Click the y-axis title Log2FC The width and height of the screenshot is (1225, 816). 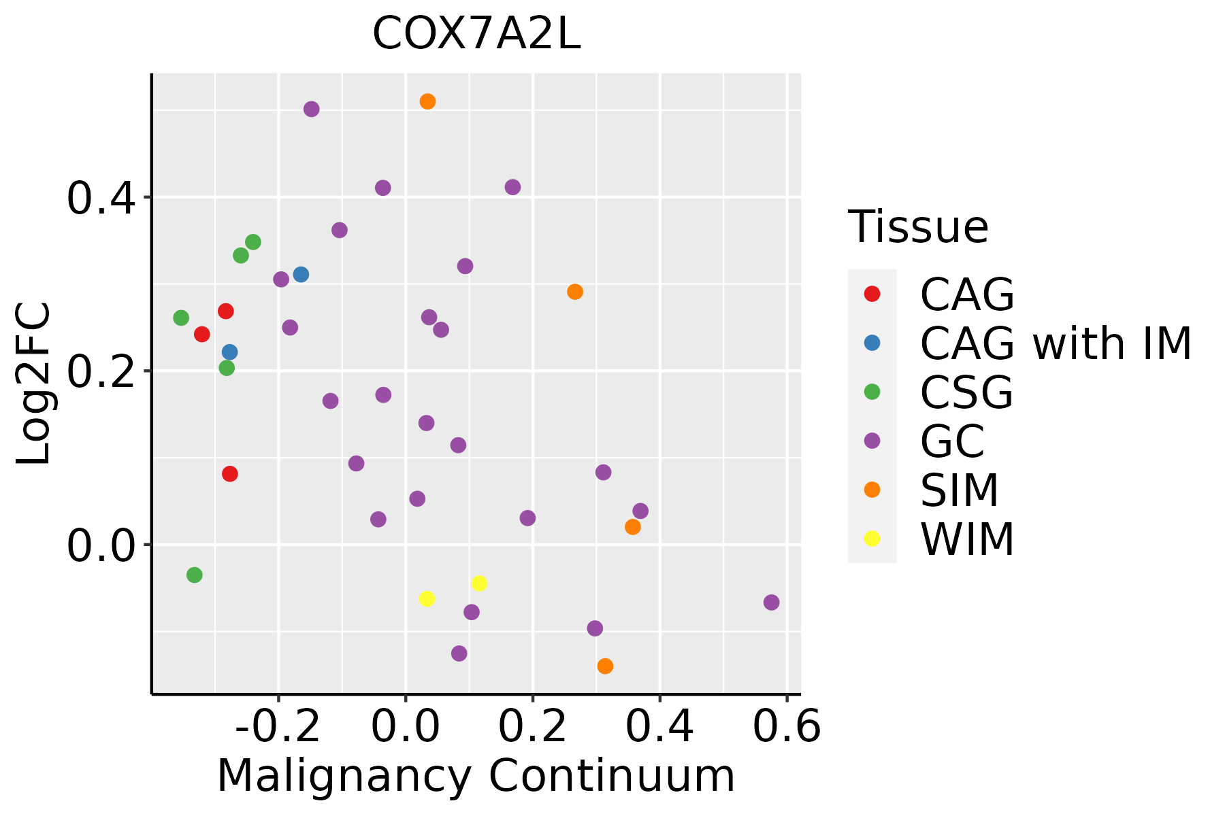point(34,384)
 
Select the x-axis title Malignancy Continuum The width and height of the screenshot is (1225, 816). point(476,776)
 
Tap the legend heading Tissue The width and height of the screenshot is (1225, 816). point(918,227)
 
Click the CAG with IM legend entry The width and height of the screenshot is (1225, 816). point(1055,343)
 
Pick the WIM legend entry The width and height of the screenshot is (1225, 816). point(966,539)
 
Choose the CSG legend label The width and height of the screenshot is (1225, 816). point(966,392)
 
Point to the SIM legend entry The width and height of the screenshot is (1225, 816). point(959,490)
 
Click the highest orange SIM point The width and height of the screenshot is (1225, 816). point(427,102)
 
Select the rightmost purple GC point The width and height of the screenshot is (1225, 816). point(771,602)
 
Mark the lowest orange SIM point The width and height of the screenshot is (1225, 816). point(605,666)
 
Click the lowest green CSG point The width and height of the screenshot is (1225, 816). point(195,575)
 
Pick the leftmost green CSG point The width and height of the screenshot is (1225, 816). point(181,318)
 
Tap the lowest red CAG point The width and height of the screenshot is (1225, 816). point(230,474)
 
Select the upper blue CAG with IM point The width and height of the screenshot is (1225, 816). point(301,275)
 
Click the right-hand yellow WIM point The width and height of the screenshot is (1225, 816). point(479,583)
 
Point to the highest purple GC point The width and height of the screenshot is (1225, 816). point(312,109)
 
